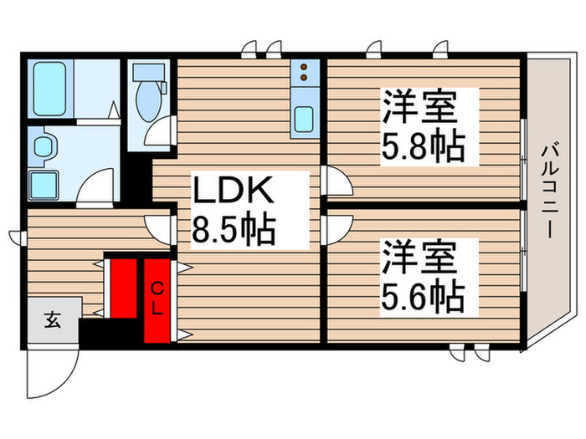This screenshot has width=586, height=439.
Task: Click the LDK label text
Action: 234,192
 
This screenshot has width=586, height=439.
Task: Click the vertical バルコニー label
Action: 549,191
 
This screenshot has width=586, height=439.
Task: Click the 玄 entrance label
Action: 52,319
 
